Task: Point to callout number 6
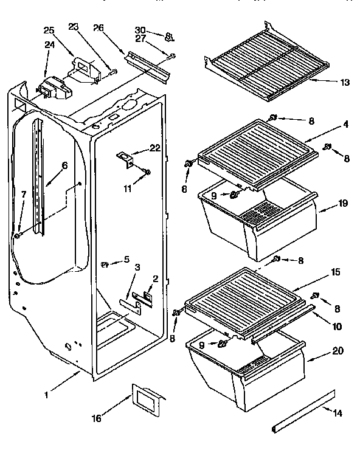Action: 64,165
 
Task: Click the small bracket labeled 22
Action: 125,159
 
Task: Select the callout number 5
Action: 126,259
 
